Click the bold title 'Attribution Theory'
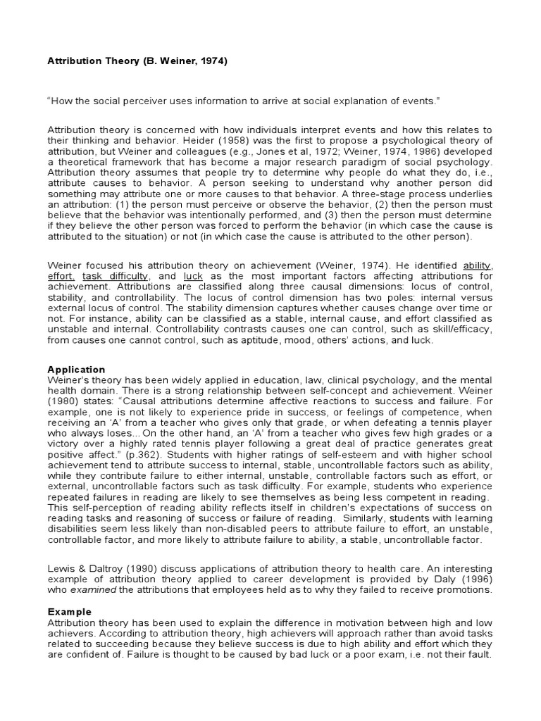(x=92, y=61)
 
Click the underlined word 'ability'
(x=477, y=266)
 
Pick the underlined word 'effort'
(x=62, y=277)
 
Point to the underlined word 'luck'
(x=193, y=277)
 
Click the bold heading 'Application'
(x=76, y=370)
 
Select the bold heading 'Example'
(x=69, y=612)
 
